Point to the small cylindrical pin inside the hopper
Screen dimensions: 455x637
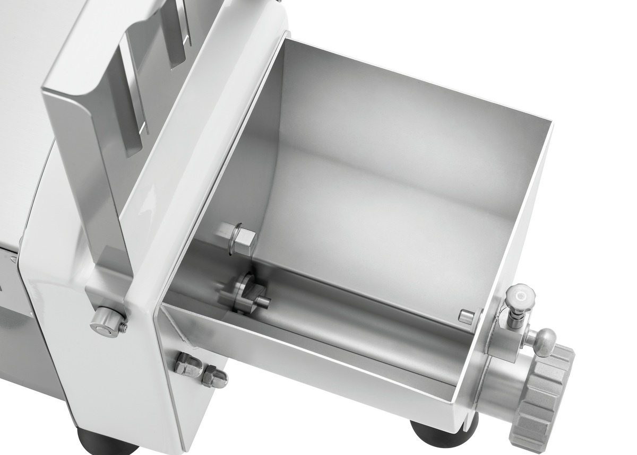pyautogui.click(x=466, y=317)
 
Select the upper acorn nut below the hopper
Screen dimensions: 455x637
pyautogui.click(x=190, y=363)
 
